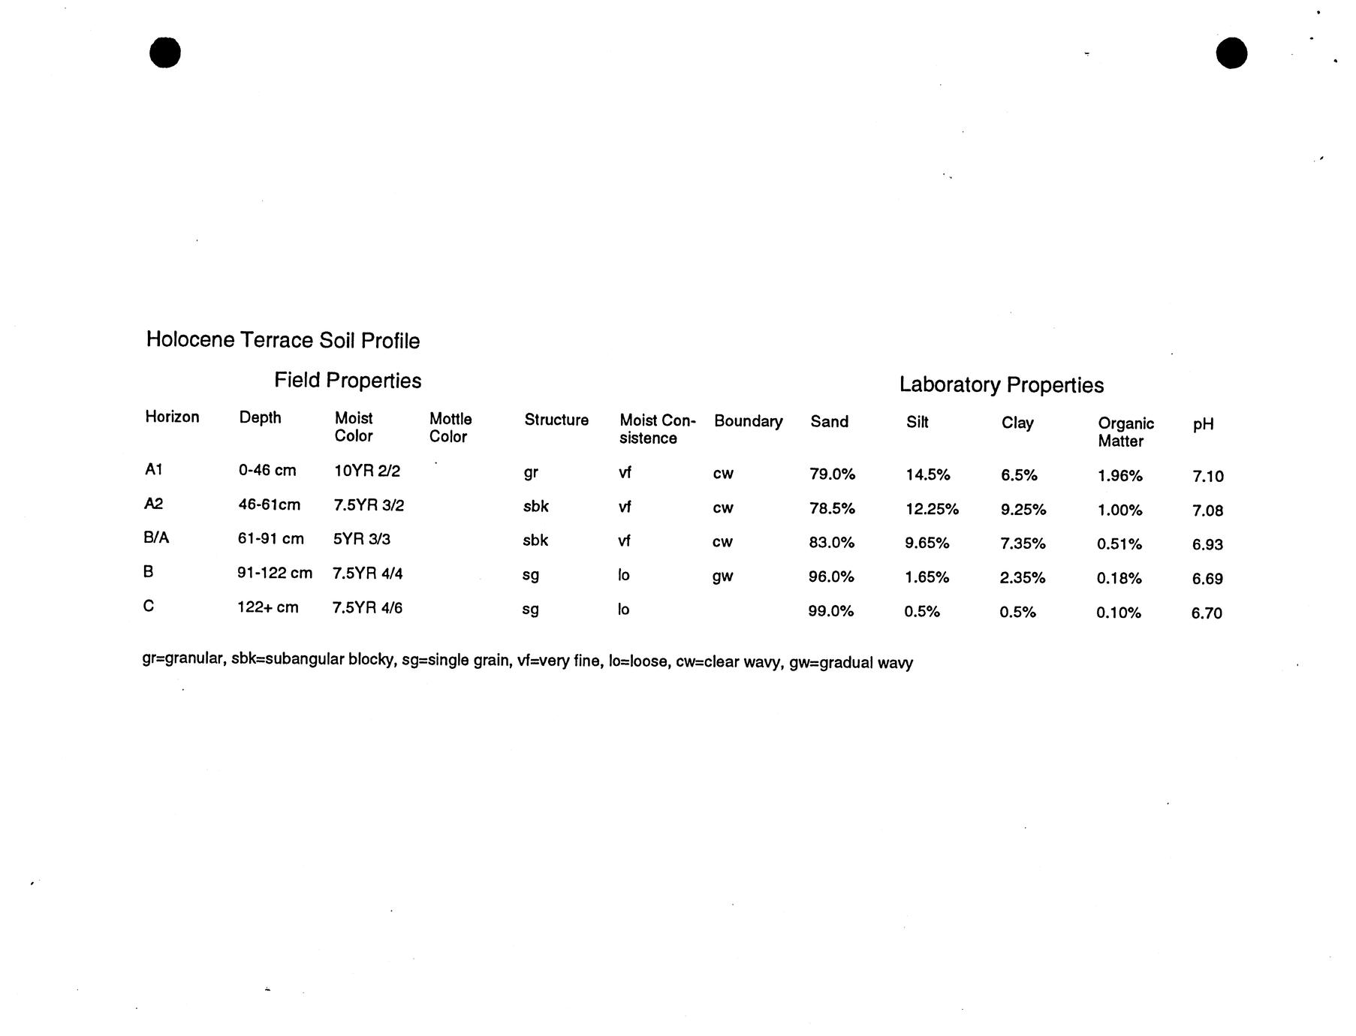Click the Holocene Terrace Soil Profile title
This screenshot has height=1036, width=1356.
[x=282, y=340]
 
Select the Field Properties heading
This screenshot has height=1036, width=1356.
[x=347, y=381]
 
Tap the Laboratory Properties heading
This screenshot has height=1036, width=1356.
[x=1001, y=385]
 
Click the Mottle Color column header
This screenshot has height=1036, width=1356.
[x=450, y=428]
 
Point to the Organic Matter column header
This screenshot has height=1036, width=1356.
[x=1125, y=432]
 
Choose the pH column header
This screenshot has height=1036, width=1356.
[x=1202, y=425]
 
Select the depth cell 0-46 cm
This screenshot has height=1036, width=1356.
[x=267, y=471]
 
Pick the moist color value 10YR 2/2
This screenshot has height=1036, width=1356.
[x=366, y=471]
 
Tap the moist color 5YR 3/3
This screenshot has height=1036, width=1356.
[x=361, y=539]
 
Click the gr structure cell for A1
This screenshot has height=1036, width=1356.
[x=530, y=473]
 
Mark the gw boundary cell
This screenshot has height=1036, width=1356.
[x=722, y=577]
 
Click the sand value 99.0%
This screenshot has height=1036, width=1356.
[x=830, y=611]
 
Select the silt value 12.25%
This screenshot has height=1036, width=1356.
[x=931, y=509]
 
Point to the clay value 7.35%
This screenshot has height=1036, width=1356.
[x=1022, y=544]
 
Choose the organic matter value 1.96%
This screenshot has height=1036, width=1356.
[x=1119, y=476]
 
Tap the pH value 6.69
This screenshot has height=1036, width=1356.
[x=1207, y=579]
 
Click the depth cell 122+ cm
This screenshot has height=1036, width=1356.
[x=267, y=607]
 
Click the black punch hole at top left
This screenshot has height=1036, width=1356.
[x=165, y=53]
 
